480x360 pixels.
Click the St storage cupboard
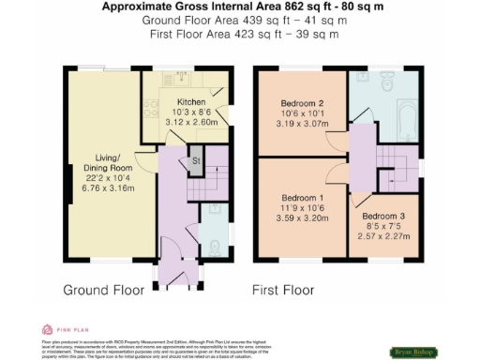pyautogui.click(x=196, y=160)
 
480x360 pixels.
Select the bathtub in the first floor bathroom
pyautogui.click(x=410, y=121)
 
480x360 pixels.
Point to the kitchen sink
pyautogui.click(x=172, y=79)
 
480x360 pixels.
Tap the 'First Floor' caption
pyautogui.click(x=282, y=291)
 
